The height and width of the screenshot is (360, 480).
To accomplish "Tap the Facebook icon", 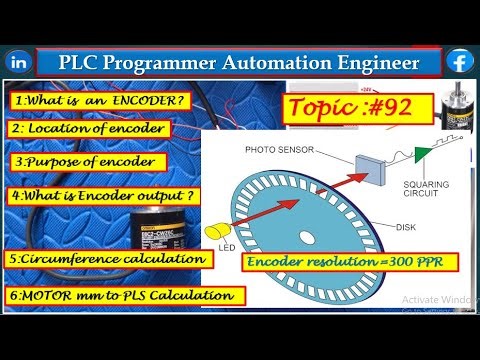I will tap(460, 60).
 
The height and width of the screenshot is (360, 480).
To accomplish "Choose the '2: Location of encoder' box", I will tap(88, 129).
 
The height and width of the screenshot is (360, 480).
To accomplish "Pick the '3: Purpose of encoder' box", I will tap(83, 161).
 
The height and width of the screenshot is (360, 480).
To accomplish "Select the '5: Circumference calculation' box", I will tap(111, 259).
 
